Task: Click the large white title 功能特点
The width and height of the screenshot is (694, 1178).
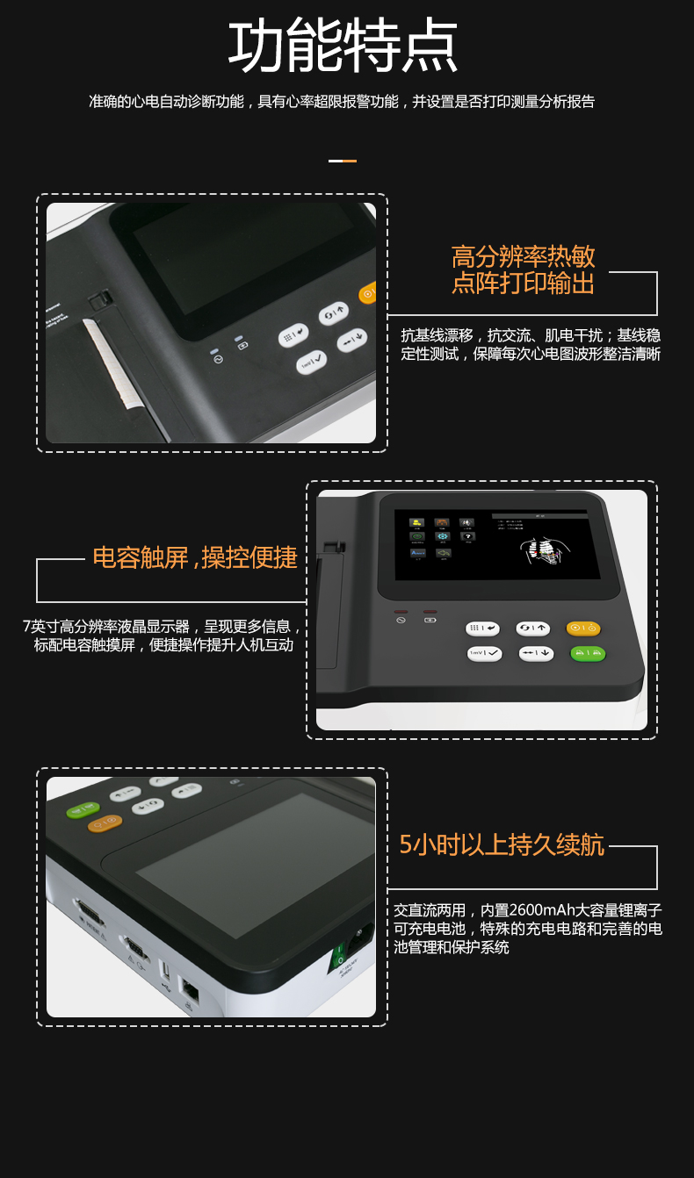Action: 343,45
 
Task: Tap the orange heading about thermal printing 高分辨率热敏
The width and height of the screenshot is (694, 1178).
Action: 523,256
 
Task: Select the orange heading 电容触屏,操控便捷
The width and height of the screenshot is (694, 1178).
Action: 195,557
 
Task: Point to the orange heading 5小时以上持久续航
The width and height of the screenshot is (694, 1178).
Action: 502,845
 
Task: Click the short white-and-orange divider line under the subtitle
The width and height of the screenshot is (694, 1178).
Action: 343,161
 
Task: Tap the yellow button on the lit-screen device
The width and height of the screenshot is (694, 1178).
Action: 583,628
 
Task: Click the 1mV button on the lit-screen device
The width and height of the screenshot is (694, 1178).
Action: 485,653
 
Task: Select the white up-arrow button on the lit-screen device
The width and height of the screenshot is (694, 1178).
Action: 533,628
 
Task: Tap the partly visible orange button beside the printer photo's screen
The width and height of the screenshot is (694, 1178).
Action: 368,293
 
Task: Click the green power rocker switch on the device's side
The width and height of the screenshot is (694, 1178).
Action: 338,955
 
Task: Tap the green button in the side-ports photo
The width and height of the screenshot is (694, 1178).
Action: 83,810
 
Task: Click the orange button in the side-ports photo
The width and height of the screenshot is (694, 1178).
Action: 105,823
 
